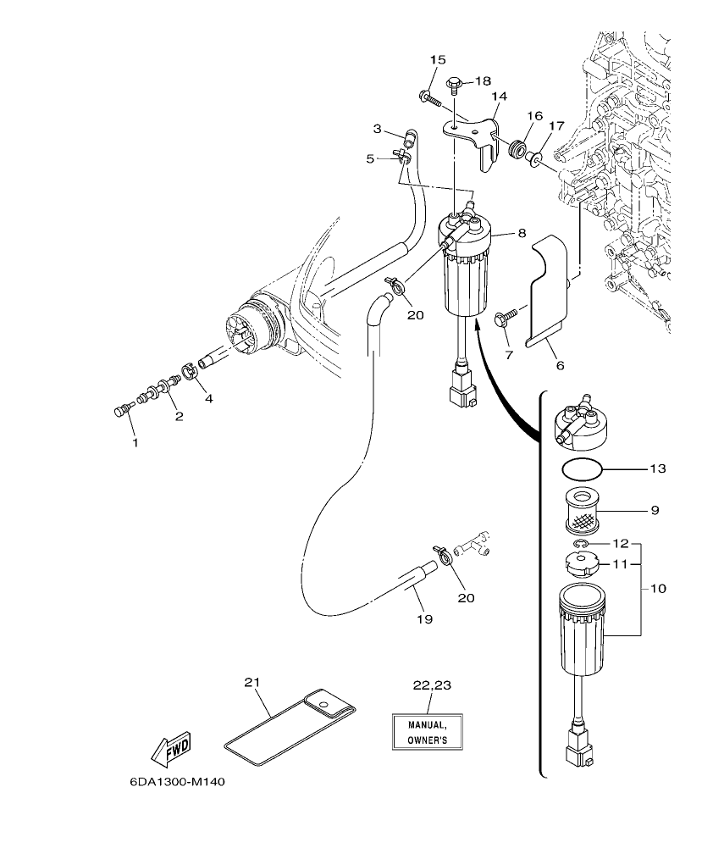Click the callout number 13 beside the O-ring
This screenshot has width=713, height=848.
pos(657,468)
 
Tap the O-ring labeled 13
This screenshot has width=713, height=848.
pos(581,468)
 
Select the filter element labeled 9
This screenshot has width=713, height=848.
pos(581,511)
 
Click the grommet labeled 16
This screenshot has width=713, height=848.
pos(513,149)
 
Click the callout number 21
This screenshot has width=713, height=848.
pos(250,682)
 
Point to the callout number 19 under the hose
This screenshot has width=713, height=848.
pos(424,619)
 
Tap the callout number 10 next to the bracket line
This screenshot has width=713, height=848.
pos(657,587)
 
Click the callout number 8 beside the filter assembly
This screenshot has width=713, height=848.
pos(522,232)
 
